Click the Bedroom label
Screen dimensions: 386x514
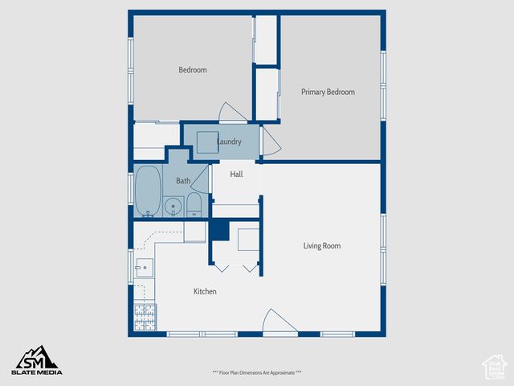tap(192, 70)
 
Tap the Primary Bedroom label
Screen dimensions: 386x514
tap(328, 92)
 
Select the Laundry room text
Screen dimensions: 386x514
tap(229, 142)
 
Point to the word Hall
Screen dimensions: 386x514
tap(236, 175)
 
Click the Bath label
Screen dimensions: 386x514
tap(183, 181)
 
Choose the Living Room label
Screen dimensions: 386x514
tap(322, 246)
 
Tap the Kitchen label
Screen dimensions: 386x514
tap(205, 291)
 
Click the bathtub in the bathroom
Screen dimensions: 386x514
tap(147, 191)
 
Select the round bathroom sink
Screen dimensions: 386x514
tap(173, 207)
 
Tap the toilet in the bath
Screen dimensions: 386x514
tap(194, 206)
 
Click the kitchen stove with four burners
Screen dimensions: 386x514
tap(145, 316)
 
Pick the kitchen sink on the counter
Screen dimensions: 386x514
tap(143, 268)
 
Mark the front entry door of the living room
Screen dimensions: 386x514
tap(279, 322)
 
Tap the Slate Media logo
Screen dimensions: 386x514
tap(36, 360)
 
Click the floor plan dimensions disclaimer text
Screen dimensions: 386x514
tap(257, 372)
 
